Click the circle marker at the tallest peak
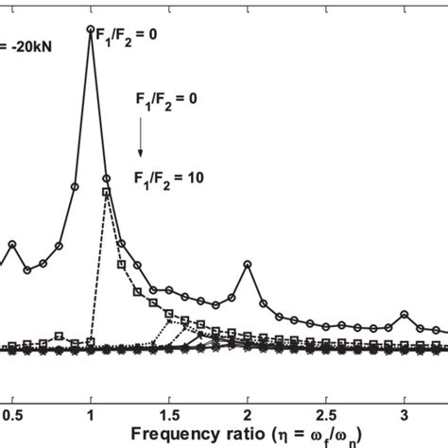click(x=91, y=30)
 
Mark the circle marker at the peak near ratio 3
click(x=405, y=313)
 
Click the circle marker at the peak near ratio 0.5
click(x=12, y=244)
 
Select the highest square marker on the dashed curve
click(x=106, y=193)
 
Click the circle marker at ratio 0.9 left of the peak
click(x=75, y=186)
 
